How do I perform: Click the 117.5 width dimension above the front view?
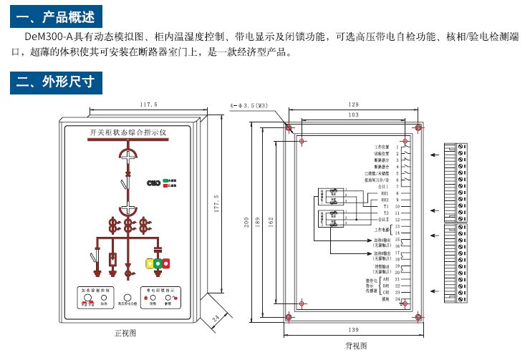(x=148, y=104)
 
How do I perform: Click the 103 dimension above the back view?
(x=353, y=115)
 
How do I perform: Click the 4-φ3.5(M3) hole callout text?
(x=249, y=105)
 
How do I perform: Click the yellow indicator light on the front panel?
(x=150, y=263)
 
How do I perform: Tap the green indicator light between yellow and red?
(x=159, y=263)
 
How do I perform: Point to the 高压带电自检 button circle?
(x=127, y=296)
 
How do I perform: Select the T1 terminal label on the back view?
(x=385, y=206)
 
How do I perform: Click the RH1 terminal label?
(x=385, y=193)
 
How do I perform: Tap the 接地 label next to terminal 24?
(x=386, y=299)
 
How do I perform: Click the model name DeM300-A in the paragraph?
(x=48, y=36)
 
